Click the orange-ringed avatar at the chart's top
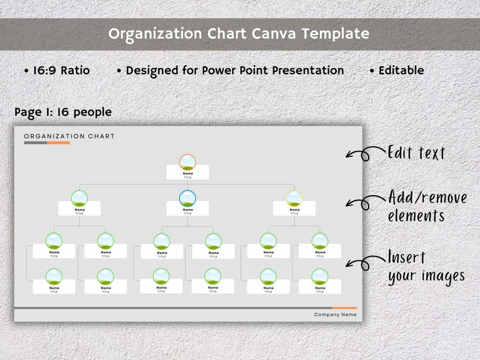pos(187,162)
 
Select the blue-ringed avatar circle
pos(187,198)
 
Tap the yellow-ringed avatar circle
pos(294,198)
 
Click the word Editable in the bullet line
pos(400,71)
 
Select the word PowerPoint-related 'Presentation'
pos(307,71)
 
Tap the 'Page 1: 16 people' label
pos(63,112)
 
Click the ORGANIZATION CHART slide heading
pos(70,137)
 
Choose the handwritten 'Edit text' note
pos(416,153)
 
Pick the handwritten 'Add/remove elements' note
pos(427,207)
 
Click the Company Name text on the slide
pos(335,315)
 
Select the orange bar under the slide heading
pos(58,143)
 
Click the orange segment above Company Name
pos(344,308)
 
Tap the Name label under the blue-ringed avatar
pos(187,210)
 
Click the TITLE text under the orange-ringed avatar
pos(187,178)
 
